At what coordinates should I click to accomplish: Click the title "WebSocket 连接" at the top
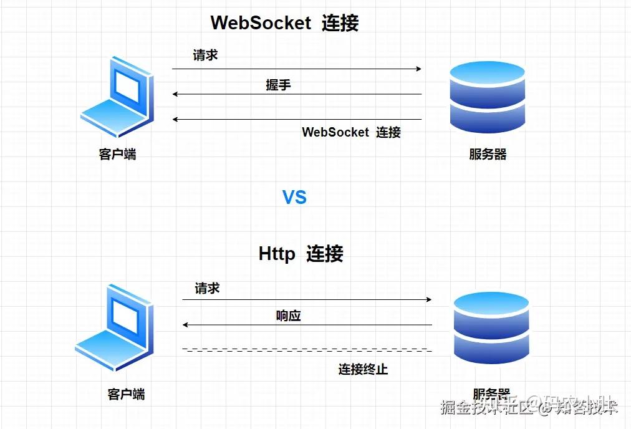(284, 23)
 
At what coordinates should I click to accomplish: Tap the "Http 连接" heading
(301, 254)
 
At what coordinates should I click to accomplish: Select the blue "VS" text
(295, 198)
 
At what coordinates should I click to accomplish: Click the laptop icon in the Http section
(115, 328)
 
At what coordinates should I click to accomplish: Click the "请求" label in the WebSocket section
(205, 55)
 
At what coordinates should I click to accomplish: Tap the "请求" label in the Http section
(207, 289)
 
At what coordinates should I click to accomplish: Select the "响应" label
(289, 316)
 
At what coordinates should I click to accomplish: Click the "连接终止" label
(364, 369)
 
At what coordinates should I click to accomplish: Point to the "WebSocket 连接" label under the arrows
(351, 132)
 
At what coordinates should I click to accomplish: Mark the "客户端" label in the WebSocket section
(117, 154)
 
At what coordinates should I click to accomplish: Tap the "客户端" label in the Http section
(126, 394)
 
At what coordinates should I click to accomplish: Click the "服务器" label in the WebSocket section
(488, 154)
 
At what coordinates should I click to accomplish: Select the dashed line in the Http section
(306, 350)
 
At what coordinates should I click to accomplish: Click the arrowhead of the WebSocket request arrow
(419, 69)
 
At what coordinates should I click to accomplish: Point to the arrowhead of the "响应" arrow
(185, 325)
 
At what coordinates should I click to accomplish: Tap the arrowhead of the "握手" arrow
(175, 94)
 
